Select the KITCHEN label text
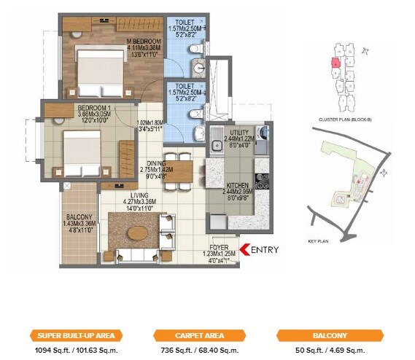pos(237,185)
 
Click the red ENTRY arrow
pos(244,251)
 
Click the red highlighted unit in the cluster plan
pos(335,63)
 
